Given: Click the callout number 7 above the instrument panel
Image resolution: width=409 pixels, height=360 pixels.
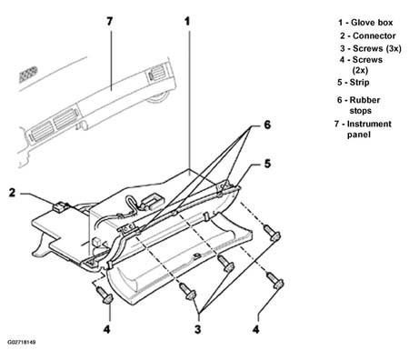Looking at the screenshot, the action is click(110, 21).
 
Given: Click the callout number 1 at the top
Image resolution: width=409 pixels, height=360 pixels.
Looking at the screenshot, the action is click(187, 21).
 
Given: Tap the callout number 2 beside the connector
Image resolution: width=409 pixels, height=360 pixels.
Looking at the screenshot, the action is click(12, 193).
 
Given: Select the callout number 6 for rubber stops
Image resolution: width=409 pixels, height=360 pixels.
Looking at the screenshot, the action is click(267, 125).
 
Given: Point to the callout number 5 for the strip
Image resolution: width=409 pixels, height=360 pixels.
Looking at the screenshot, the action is click(267, 164).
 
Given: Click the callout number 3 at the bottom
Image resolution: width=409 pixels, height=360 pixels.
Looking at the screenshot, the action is click(197, 329).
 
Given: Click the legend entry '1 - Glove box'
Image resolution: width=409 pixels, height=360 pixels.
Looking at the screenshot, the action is click(365, 23).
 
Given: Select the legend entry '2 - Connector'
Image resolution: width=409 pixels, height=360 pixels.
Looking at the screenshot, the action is click(367, 35).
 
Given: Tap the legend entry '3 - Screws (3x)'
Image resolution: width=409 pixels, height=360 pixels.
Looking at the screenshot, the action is click(371, 48).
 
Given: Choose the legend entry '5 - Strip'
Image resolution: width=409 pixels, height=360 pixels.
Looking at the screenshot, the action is click(354, 83).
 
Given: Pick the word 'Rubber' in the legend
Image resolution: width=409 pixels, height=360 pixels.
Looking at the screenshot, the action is click(364, 100).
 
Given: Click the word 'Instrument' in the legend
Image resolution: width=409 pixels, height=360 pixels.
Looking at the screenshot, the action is click(369, 124).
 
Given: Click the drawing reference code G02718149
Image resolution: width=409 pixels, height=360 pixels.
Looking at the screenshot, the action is click(22, 342).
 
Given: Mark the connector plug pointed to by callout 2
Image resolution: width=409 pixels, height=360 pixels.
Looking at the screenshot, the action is click(59, 206).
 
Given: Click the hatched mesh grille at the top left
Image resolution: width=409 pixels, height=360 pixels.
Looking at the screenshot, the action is click(28, 75).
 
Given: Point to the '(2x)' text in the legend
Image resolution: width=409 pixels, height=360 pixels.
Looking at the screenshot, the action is click(360, 70).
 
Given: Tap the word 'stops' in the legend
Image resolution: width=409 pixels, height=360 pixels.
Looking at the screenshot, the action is click(361, 111).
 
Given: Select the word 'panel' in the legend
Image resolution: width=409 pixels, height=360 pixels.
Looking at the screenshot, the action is click(359, 135).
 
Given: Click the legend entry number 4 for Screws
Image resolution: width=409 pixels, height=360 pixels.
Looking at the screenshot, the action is click(342, 60).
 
